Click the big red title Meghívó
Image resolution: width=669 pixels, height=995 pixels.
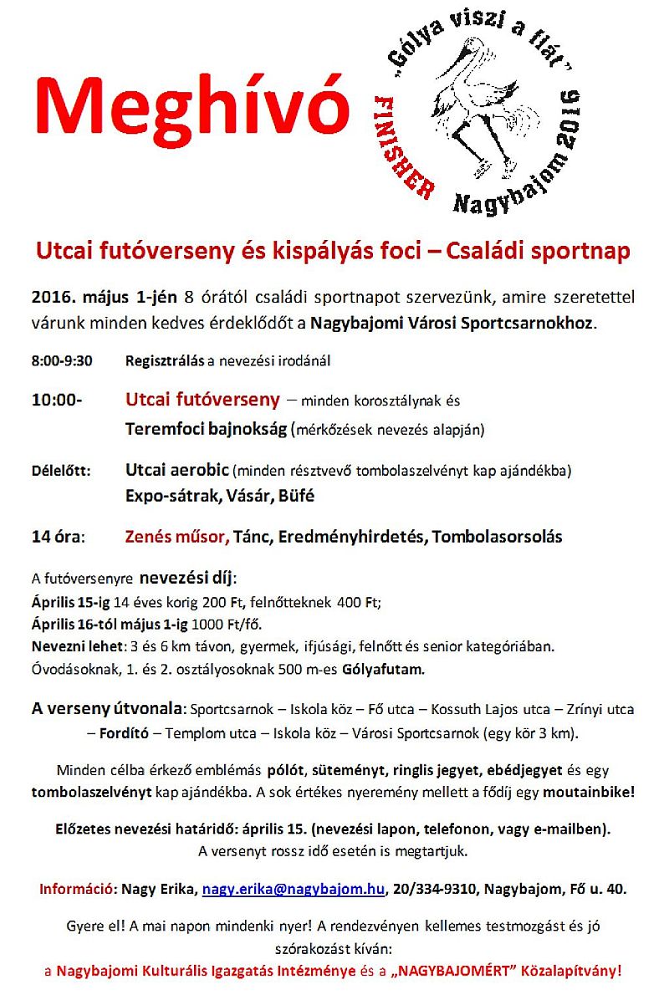click(192, 106)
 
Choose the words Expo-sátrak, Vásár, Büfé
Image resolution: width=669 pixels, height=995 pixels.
click(220, 495)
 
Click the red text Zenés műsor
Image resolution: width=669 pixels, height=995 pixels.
click(176, 536)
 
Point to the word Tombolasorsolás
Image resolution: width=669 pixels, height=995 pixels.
click(497, 536)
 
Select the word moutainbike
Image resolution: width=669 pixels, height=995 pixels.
click(587, 789)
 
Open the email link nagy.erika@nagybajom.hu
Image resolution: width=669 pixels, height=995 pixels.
click(294, 889)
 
